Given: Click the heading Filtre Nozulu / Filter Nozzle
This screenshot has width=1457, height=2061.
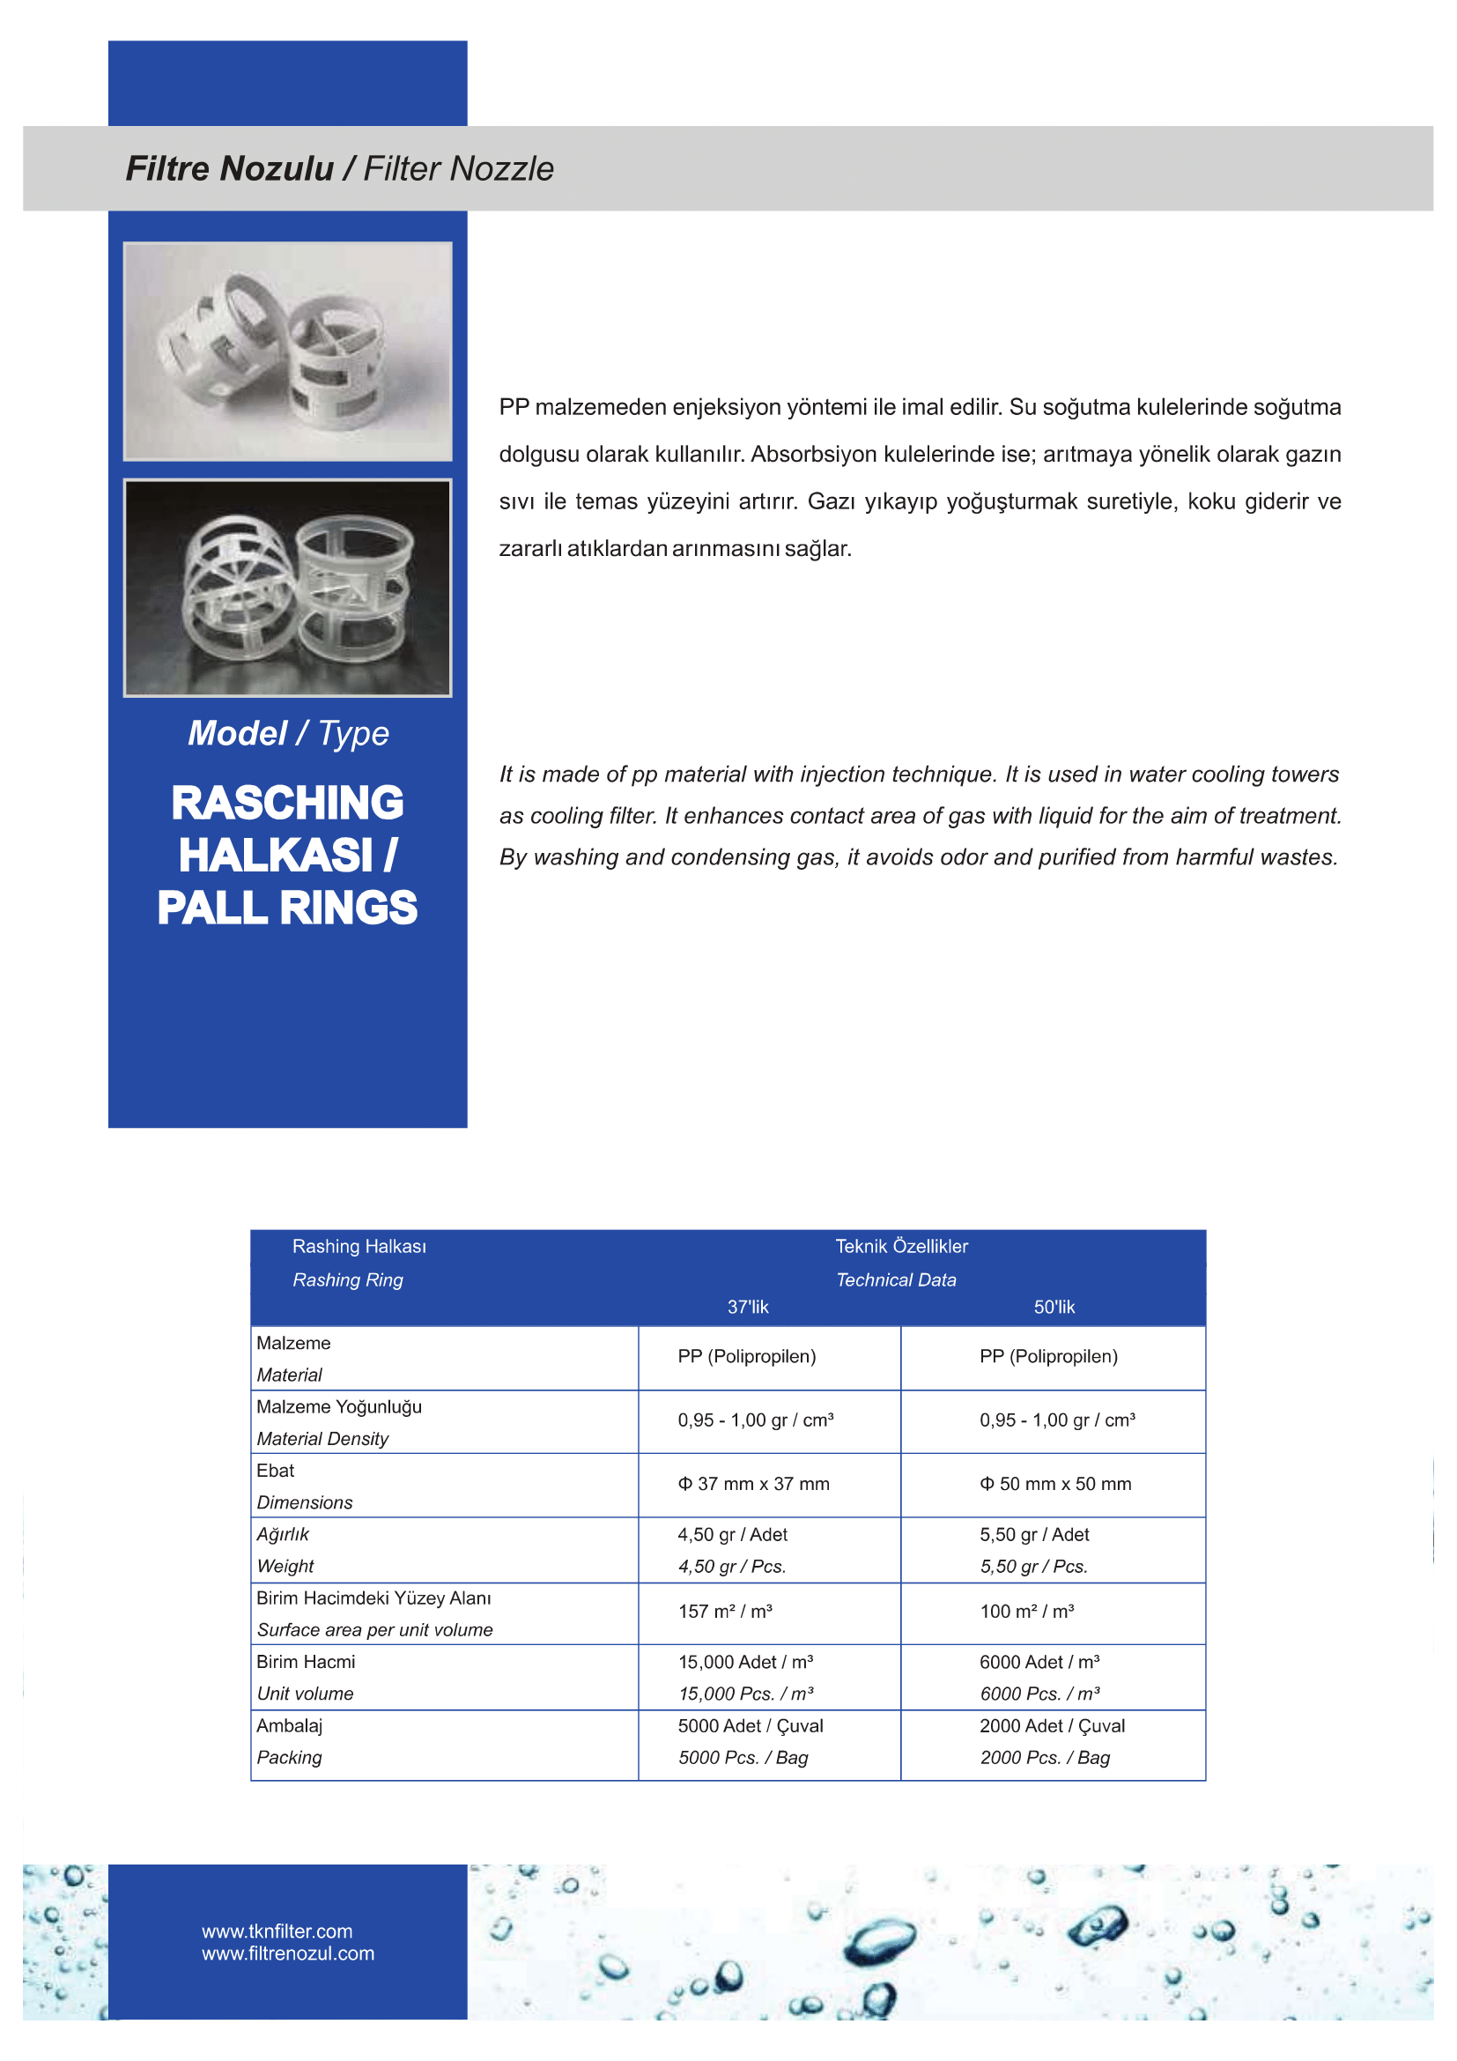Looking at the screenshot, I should [x=339, y=169].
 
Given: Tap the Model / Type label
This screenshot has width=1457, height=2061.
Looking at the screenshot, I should [x=288, y=733].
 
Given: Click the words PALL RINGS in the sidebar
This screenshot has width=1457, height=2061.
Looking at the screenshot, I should [x=287, y=908].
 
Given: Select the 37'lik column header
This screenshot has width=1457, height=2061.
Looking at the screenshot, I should [x=747, y=1307].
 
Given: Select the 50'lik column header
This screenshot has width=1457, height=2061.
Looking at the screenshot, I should [x=1054, y=1307].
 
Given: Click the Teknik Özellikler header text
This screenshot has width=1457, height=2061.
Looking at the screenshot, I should [x=901, y=1246].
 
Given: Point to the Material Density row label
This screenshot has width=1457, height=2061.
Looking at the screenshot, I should [x=322, y=1439].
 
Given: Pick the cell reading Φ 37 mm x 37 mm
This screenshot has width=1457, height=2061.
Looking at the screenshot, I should [x=754, y=1484].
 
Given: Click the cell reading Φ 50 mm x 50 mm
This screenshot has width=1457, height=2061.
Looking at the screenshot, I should [x=1055, y=1484].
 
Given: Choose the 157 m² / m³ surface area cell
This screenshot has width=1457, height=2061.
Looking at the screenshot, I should [x=725, y=1612].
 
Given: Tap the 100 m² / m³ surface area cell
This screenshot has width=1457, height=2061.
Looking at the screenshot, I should [x=1026, y=1612].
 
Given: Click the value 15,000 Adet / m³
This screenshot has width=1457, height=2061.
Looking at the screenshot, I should [x=745, y=1662].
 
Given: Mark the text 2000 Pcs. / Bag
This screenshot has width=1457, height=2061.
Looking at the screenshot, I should [x=1045, y=1758].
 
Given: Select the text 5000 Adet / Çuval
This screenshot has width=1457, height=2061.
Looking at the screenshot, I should [x=750, y=1725].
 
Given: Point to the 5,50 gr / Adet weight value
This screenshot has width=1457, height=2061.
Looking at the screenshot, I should [x=1033, y=1534].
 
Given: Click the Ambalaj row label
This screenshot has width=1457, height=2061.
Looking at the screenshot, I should [x=289, y=1725].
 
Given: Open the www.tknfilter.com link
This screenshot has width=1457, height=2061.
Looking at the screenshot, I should [x=277, y=1931].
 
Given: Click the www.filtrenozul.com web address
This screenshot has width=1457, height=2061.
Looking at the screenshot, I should [x=288, y=1954].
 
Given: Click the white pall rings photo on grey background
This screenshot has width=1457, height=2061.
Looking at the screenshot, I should [x=287, y=351].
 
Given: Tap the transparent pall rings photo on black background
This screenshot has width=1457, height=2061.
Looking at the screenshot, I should [x=287, y=588].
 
